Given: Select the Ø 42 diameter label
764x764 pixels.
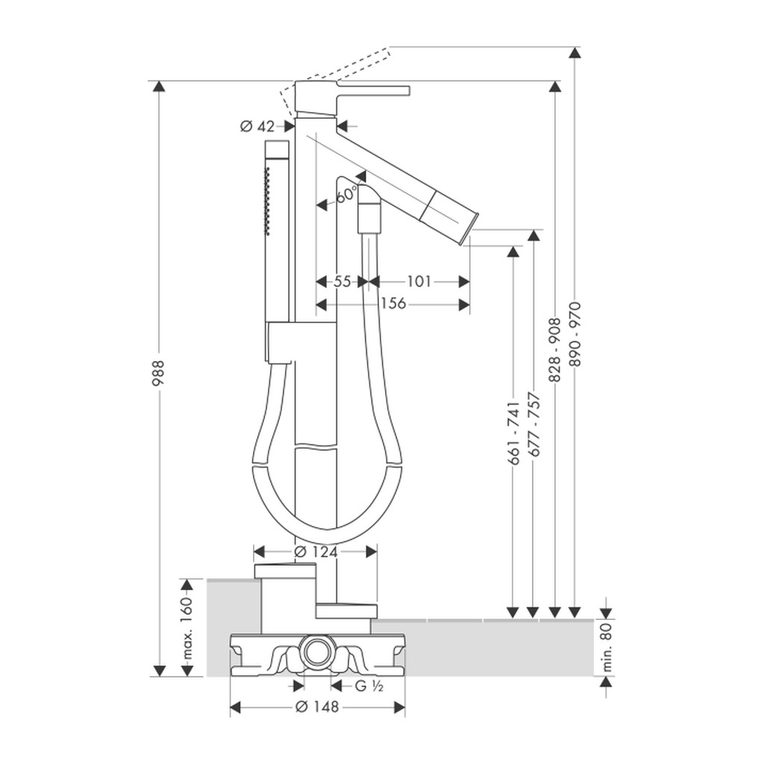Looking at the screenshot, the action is (x=257, y=127).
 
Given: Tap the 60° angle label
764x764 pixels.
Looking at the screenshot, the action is (x=347, y=195).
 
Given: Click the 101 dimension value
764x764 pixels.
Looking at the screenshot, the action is (x=419, y=281).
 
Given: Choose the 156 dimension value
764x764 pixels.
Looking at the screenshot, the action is (x=393, y=304).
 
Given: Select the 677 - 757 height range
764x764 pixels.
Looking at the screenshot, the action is (x=535, y=424).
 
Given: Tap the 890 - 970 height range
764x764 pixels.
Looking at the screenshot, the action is (x=577, y=334).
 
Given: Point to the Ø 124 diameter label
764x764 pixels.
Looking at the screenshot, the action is (x=316, y=552).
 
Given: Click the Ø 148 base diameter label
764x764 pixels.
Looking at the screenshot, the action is (x=317, y=707).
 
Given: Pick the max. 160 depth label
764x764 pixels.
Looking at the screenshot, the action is (x=187, y=627).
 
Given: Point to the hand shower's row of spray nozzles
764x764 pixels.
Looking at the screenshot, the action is (x=266, y=197).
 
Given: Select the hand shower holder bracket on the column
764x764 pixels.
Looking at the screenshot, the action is (x=281, y=342).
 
